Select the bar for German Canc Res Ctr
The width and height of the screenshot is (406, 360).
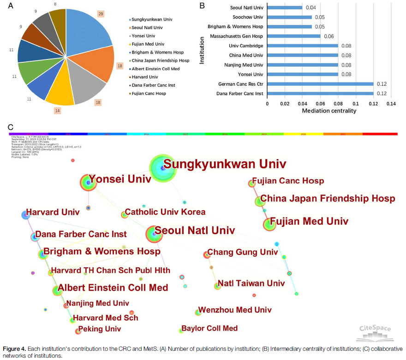[320, 84]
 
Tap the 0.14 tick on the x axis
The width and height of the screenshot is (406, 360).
[391, 103]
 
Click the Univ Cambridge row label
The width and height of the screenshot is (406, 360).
[246, 46]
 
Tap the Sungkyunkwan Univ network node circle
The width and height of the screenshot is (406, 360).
[163, 169]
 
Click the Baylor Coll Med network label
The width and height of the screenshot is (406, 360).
[209, 328]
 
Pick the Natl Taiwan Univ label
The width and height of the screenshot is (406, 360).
[251, 283]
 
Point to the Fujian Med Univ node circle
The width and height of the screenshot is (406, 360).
[269, 224]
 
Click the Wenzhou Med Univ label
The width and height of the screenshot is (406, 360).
[235, 310]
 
